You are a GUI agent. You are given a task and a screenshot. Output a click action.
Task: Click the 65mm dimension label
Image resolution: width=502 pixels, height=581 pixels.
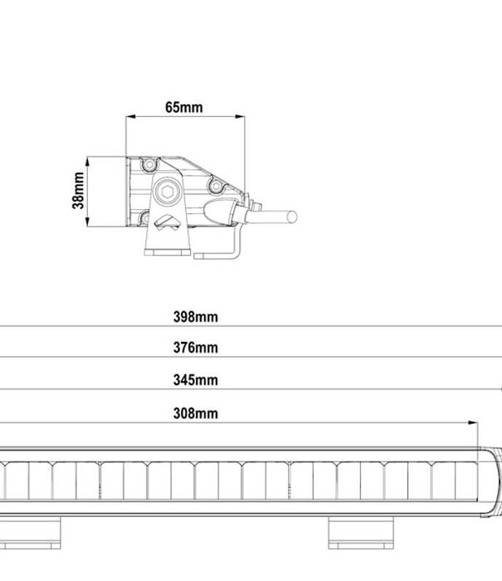click(x=184, y=107)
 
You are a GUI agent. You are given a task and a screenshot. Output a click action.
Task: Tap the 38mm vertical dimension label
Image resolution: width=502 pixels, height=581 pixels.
click(x=78, y=190)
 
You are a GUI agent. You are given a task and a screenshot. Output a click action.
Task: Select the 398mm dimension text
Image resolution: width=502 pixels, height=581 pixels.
click(x=195, y=316)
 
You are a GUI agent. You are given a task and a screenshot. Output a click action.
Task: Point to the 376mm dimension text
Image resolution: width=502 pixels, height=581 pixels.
click(x=195, y=348)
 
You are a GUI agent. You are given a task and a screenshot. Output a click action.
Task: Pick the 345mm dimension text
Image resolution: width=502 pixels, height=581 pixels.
click(x=195, y=380)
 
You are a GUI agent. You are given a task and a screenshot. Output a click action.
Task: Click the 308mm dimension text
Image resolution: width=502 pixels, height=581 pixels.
click(x=195, y=413)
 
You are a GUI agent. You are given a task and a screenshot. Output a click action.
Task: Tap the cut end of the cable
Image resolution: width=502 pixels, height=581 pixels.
click(x=291, y=217)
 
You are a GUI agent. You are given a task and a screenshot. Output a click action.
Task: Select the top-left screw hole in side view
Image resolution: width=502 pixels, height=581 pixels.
click(x=149, y=164)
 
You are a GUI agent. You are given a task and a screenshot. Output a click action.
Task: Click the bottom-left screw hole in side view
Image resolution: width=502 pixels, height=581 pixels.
click(x=146, y=219)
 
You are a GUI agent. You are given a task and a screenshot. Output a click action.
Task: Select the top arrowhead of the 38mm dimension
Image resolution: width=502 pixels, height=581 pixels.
click(x=89, y=160)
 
